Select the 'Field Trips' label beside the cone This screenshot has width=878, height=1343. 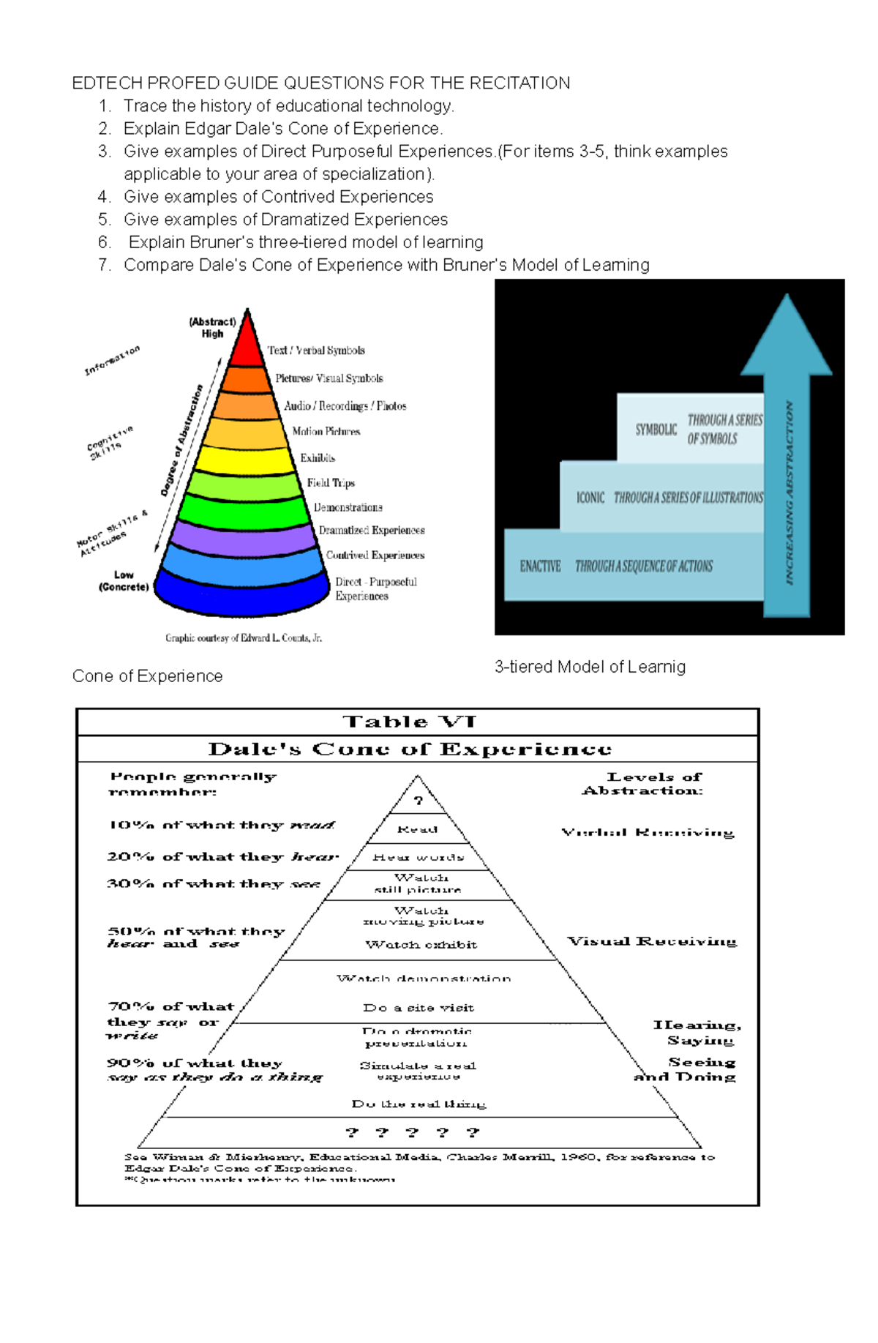tap(331, 483)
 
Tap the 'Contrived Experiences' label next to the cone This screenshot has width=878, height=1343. tap(375, 555)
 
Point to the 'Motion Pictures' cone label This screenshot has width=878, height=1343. tap(326, 432)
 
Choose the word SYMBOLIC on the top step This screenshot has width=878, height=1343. tap(656, 430)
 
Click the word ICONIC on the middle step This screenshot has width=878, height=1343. tap(590, 498)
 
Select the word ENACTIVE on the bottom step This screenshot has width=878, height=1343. tap(540, 566)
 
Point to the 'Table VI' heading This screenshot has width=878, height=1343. tap(410, 722)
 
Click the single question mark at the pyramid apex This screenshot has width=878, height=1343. tap(418, 801)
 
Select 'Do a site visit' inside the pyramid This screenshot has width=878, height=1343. tap(418, 1008)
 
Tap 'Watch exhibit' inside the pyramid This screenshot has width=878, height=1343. tap(421, 945)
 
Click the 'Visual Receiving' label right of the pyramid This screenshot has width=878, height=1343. tap(652, 941)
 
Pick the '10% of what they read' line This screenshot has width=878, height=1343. tap(221, 826)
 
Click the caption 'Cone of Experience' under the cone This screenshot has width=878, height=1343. tap(147, 676)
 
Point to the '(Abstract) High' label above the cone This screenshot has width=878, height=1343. tap(212, 327)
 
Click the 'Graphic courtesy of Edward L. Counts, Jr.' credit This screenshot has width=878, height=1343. tap(244, 638)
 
